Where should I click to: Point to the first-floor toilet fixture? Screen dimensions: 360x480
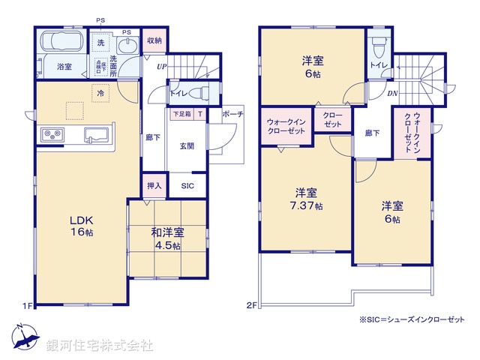pyautogui.click(x=199, y=94)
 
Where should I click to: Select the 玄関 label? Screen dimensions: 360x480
pyautogui.click(x=186, y=146)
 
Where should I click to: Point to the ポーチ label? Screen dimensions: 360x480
pyautogui.click(x=232, y=114)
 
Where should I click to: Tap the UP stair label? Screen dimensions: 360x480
pyautogui.click(x=161, y=67)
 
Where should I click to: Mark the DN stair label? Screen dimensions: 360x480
pyautogui.click(x=392, y=94)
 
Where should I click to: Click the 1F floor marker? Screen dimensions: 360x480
pyautogui.click(x=27, y=306)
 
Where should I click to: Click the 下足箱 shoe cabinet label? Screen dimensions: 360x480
pyautogui.click(x=181, y=114)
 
